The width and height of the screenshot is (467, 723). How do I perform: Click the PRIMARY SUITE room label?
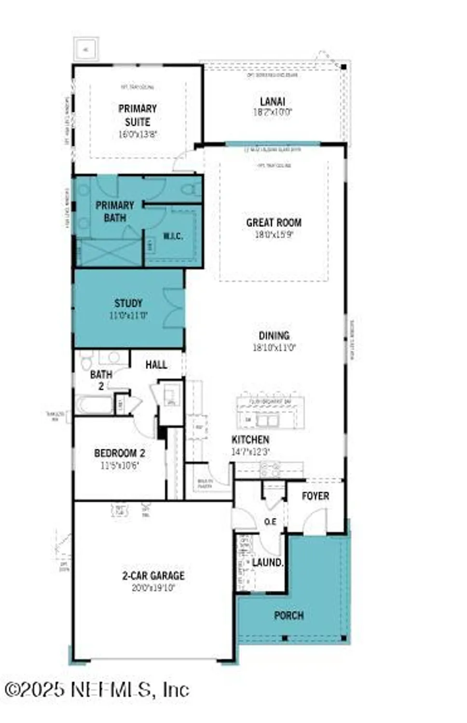(x=137, y=115)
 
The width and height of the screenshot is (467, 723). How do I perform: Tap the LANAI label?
(x=273, y=102)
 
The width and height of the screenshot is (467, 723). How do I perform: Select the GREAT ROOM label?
(x=274, y=223)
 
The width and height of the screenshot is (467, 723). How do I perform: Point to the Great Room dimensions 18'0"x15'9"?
(x=274, y=235)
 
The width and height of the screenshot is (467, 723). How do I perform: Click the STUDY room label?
(x=128, y=303)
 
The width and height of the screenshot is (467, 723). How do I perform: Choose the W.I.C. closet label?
(x=173, y=236)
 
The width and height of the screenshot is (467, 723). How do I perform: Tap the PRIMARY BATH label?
(x=115, y=212)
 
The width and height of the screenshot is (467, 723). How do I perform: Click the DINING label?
(x=274, y=335)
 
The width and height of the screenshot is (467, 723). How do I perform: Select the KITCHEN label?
(x=250, y=440)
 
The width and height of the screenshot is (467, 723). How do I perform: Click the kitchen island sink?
(x=267, y=420)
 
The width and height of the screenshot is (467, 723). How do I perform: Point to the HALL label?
(x=156, y=365)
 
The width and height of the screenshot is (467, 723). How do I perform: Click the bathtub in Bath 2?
(x=93, y=404)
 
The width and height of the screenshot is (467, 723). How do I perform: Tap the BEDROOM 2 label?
(x=120, y=453)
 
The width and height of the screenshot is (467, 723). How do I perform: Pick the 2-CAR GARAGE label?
(x=153, y=576)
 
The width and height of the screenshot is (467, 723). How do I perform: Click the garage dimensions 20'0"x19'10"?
(x=153, y=588)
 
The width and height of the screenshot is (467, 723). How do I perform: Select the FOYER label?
(x=316, y=496)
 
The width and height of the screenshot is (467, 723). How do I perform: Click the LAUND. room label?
(x=268, y=562)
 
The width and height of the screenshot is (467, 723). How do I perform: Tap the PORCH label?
(x=289, y=616)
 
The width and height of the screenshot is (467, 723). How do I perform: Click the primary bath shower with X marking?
(x=110, y=253)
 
